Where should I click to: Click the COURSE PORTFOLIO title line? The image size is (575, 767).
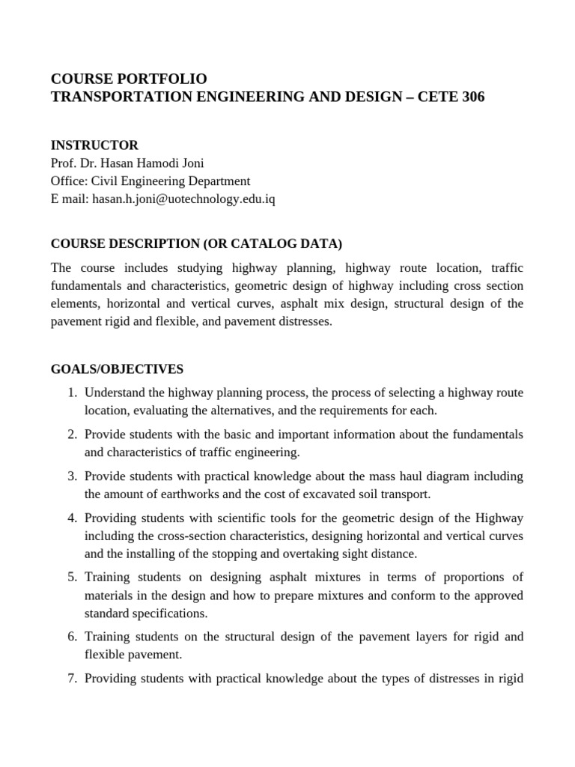pyautogui.click(x=128, y=79)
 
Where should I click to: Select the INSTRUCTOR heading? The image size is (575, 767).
pyautogui.click(x=94, y=145)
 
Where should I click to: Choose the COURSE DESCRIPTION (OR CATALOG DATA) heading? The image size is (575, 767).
pyautogui.click(x=196, y=243)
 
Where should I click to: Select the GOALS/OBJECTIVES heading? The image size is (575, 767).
pyautogui.click(x=116, y=369)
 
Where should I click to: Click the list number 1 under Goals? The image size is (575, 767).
pyautogui.click(x=72, y=392)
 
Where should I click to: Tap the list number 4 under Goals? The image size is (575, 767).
pyautogui.click(x=72, y=518)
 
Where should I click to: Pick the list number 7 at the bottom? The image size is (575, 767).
pyautogui.click(x=72, y=679)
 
